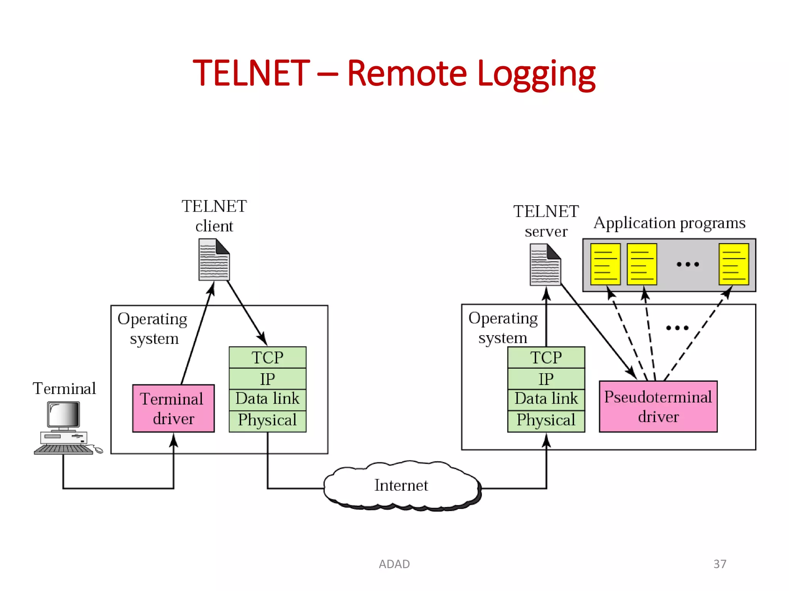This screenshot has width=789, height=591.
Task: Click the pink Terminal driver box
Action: click(173, 408)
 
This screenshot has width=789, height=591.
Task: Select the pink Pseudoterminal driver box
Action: click(658, 407)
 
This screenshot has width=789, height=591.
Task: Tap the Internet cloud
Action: click(401, 486)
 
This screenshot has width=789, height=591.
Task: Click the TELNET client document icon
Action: click(214, 260)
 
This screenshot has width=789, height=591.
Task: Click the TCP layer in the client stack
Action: click(267, 357)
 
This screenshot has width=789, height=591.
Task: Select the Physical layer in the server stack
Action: click(546, 420)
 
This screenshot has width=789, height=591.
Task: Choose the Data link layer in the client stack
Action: click(267, 399)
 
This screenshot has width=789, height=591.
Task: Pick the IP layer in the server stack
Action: click(546, 379)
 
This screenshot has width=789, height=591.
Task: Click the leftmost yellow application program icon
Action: click(605, 264)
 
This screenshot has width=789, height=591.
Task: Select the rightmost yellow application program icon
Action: click(734, 264)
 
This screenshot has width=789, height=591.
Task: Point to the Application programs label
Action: click(670, 223)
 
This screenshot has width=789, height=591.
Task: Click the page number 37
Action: click(720, 564)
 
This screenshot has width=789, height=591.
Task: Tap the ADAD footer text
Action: click(394, 564)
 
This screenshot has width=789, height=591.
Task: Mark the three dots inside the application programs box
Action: click(688, 264)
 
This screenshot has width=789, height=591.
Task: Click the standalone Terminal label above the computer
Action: click(64, 389)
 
